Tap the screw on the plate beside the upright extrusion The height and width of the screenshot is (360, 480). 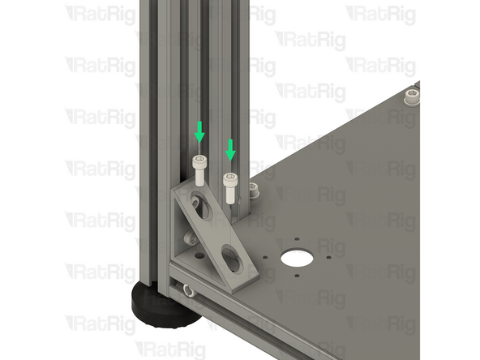(254, 191)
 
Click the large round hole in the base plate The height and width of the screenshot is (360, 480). (295, 259)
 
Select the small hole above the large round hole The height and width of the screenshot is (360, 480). (297, 238)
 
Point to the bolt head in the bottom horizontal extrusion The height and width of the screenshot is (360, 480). (189, 289)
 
